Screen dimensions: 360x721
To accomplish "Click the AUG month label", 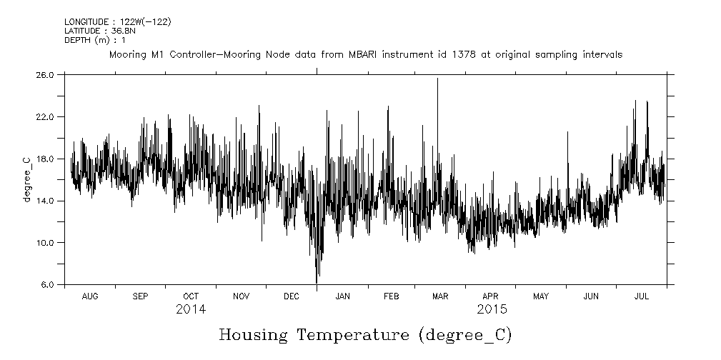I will click(x=90, y=296).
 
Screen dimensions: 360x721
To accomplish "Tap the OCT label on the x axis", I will click(x=191, y=296).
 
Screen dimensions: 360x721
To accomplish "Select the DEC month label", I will click(x=292, y=296).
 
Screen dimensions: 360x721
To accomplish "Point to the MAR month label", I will click(x=440, y=296).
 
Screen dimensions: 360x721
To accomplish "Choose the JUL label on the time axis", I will click(x=641, y=296).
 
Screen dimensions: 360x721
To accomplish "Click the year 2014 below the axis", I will click(x=191, y=309).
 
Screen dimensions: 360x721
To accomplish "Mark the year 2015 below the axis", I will click(x=492, y=309).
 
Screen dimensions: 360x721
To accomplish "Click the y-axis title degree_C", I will click(x=27, y=179).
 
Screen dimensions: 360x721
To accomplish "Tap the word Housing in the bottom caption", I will click(x=252, y=334).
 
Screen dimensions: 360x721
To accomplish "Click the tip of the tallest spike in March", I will click(x=437, y=78).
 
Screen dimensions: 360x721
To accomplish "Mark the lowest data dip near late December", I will click(x=317, y=283).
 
